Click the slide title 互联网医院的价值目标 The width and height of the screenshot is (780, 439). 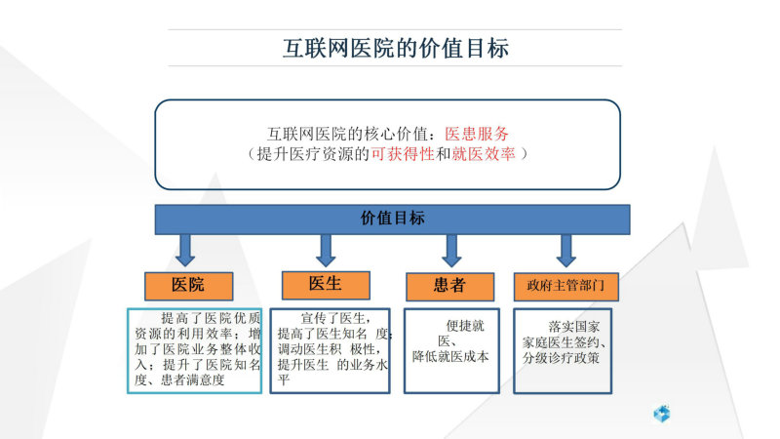[x=396, y=48]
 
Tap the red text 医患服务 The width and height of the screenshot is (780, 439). [x=476, y=134]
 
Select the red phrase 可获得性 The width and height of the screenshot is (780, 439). [x=403, y=154]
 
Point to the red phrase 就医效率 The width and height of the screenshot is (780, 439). [x=484, y=154]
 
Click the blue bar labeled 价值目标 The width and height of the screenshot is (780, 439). [x=393, y=219]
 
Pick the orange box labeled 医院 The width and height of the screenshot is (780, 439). [x=188, y=286]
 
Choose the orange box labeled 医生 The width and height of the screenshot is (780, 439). [x=326, y=285]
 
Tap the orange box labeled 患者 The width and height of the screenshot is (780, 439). [x=449, y=286]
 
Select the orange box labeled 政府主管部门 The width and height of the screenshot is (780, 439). [x=566, y=286]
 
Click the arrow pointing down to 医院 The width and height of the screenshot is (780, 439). [x=185, y=251]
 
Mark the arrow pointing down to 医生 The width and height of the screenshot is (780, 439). [x=326, y=251]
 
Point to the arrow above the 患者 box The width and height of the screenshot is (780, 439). [x=451, y=251]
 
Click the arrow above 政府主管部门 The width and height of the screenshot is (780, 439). [x=566, y=251]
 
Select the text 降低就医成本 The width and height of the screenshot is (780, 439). [x=450, y=356]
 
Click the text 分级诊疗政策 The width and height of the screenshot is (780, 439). [x=561, y=357]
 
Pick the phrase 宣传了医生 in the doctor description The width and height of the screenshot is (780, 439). [x=332, y=318]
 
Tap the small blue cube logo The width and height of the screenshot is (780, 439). [x=662, y=414]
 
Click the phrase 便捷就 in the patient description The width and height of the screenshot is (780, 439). [x=465, y=326]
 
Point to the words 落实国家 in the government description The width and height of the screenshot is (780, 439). [x=574, y=327]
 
